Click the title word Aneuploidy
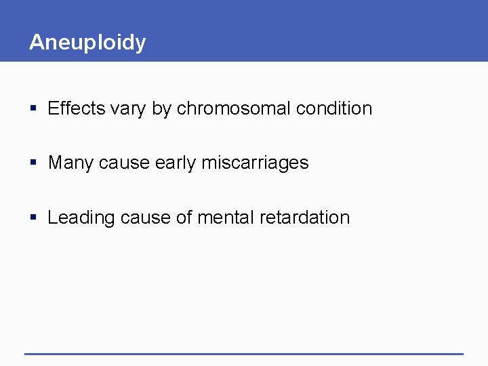[x=87, y=43]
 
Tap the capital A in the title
[x=37, y=42]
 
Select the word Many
[x=71, y=163]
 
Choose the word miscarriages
[x=255, y=163]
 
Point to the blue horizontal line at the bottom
[x=244, y=354]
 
